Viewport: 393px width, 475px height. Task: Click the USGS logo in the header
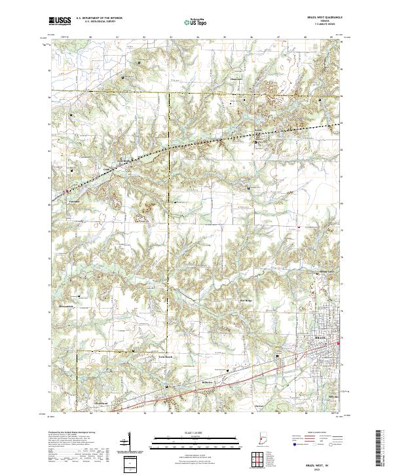tap(60, 20)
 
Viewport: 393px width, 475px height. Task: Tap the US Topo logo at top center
tap(189, 22)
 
